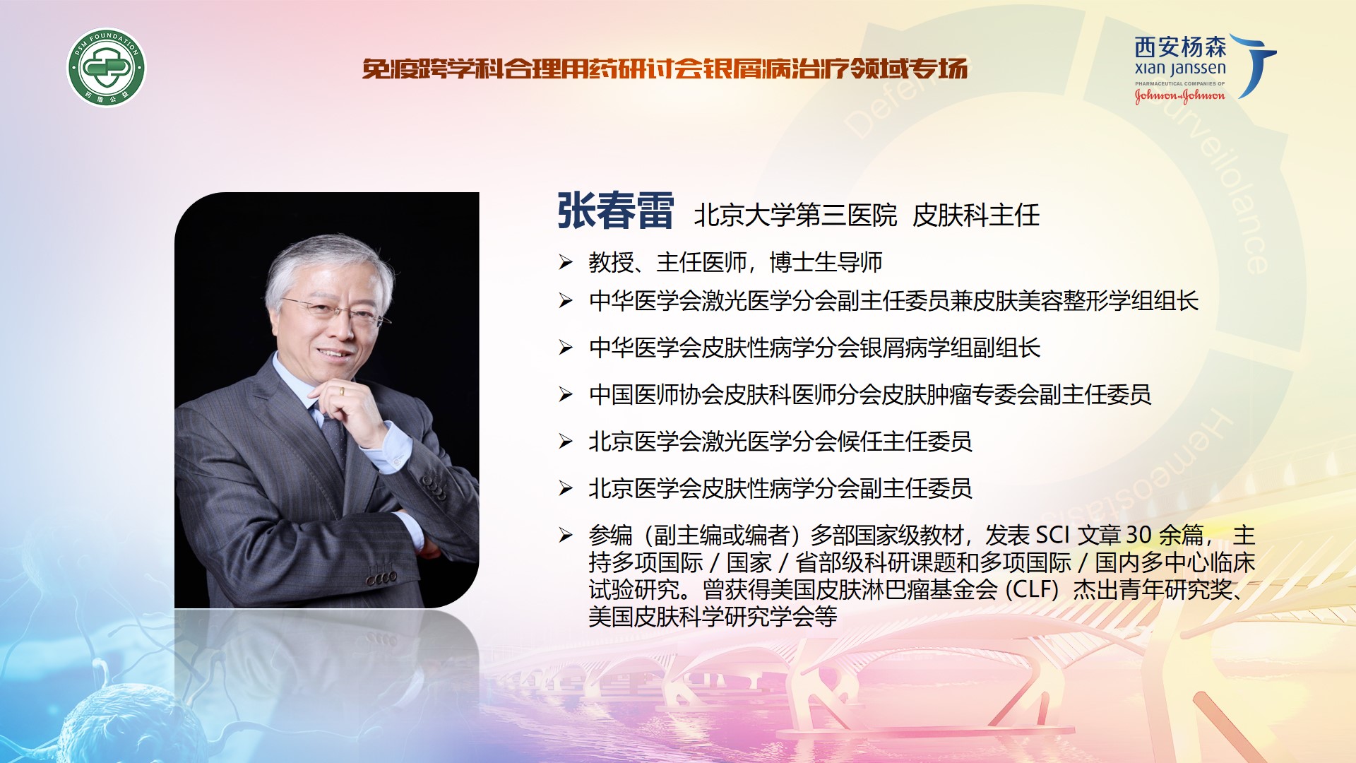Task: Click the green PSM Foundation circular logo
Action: pos(107,68)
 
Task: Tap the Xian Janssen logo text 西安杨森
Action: pos(1180,47)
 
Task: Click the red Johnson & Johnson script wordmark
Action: pos(1179,95)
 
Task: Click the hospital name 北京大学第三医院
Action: pos(795,215)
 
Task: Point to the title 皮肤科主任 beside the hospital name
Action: pos(976,215)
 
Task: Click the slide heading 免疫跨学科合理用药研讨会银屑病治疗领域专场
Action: pos(665,69)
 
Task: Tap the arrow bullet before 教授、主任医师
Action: pos(566,262)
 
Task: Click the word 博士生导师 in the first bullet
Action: pos(826,262)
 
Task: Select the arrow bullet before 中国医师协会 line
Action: pos(566,394)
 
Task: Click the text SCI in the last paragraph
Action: pos(1052,535)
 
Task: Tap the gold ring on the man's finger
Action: pos(342,390)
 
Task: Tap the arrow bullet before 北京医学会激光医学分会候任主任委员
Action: pos(566,442)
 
